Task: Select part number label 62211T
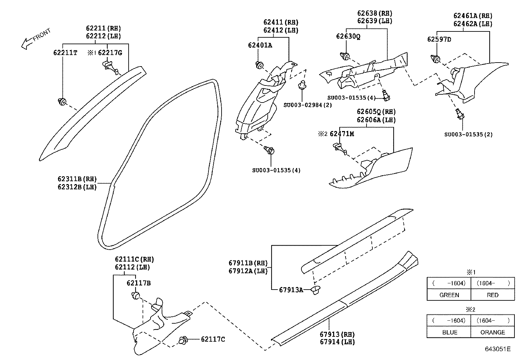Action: click(x=65, y=52)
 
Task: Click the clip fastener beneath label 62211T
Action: click(x=62, y=102)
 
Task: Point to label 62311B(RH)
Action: click(x=77, y=179)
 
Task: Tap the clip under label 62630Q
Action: click(x=344, y=56)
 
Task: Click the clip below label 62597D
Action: click(x=436, y=59)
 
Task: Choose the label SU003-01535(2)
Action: click(x=468, y=134)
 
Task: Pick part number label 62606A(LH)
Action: click(x=376, y=120)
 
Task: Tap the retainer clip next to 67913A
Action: click(x=316, y=290)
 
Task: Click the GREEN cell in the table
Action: click(x=449, y=295)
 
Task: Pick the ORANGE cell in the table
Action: click(x=493, y=332)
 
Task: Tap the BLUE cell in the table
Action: click(x=449, y=332)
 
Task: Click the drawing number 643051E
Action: click(x=497, y=349)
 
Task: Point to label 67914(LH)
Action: click(x=337, y=342)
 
